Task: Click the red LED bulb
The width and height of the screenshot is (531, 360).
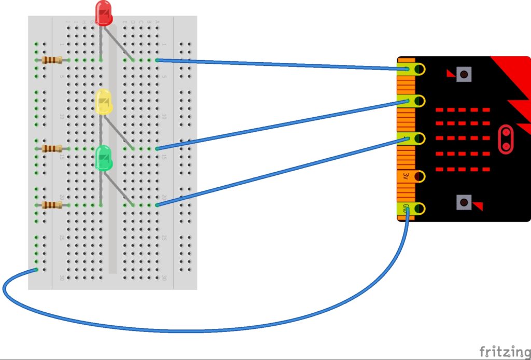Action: (104, 13)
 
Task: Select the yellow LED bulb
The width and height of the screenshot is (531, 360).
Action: (104, 102)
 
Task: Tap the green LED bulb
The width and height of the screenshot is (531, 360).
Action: (104, 158)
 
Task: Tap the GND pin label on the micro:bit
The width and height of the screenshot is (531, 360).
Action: (406, 209)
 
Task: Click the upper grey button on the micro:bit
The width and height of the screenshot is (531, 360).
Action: (464, 75)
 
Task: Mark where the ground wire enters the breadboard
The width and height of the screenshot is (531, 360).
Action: (36, 269)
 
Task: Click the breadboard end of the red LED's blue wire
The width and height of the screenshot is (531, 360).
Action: (157, 61)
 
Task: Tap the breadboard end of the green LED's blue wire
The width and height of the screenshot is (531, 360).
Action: (157, 205)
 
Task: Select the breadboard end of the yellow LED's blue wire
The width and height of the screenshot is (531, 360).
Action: (157, 149)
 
